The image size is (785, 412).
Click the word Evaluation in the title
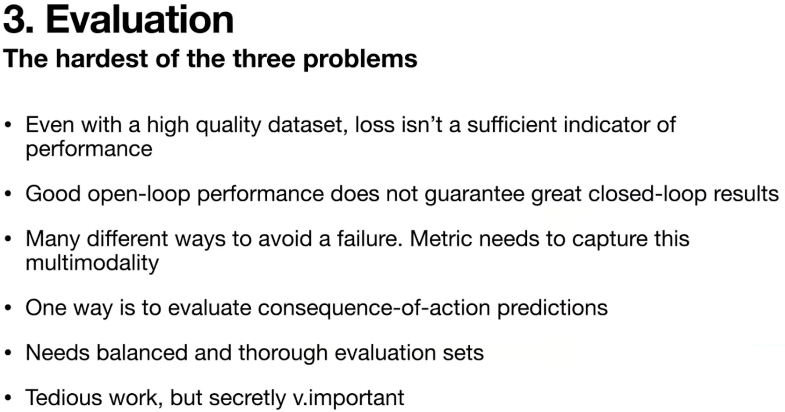point(140,20)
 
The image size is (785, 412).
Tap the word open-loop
point(139,194)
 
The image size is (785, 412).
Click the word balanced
point(142,352)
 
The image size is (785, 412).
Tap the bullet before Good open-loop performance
point(8,194)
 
